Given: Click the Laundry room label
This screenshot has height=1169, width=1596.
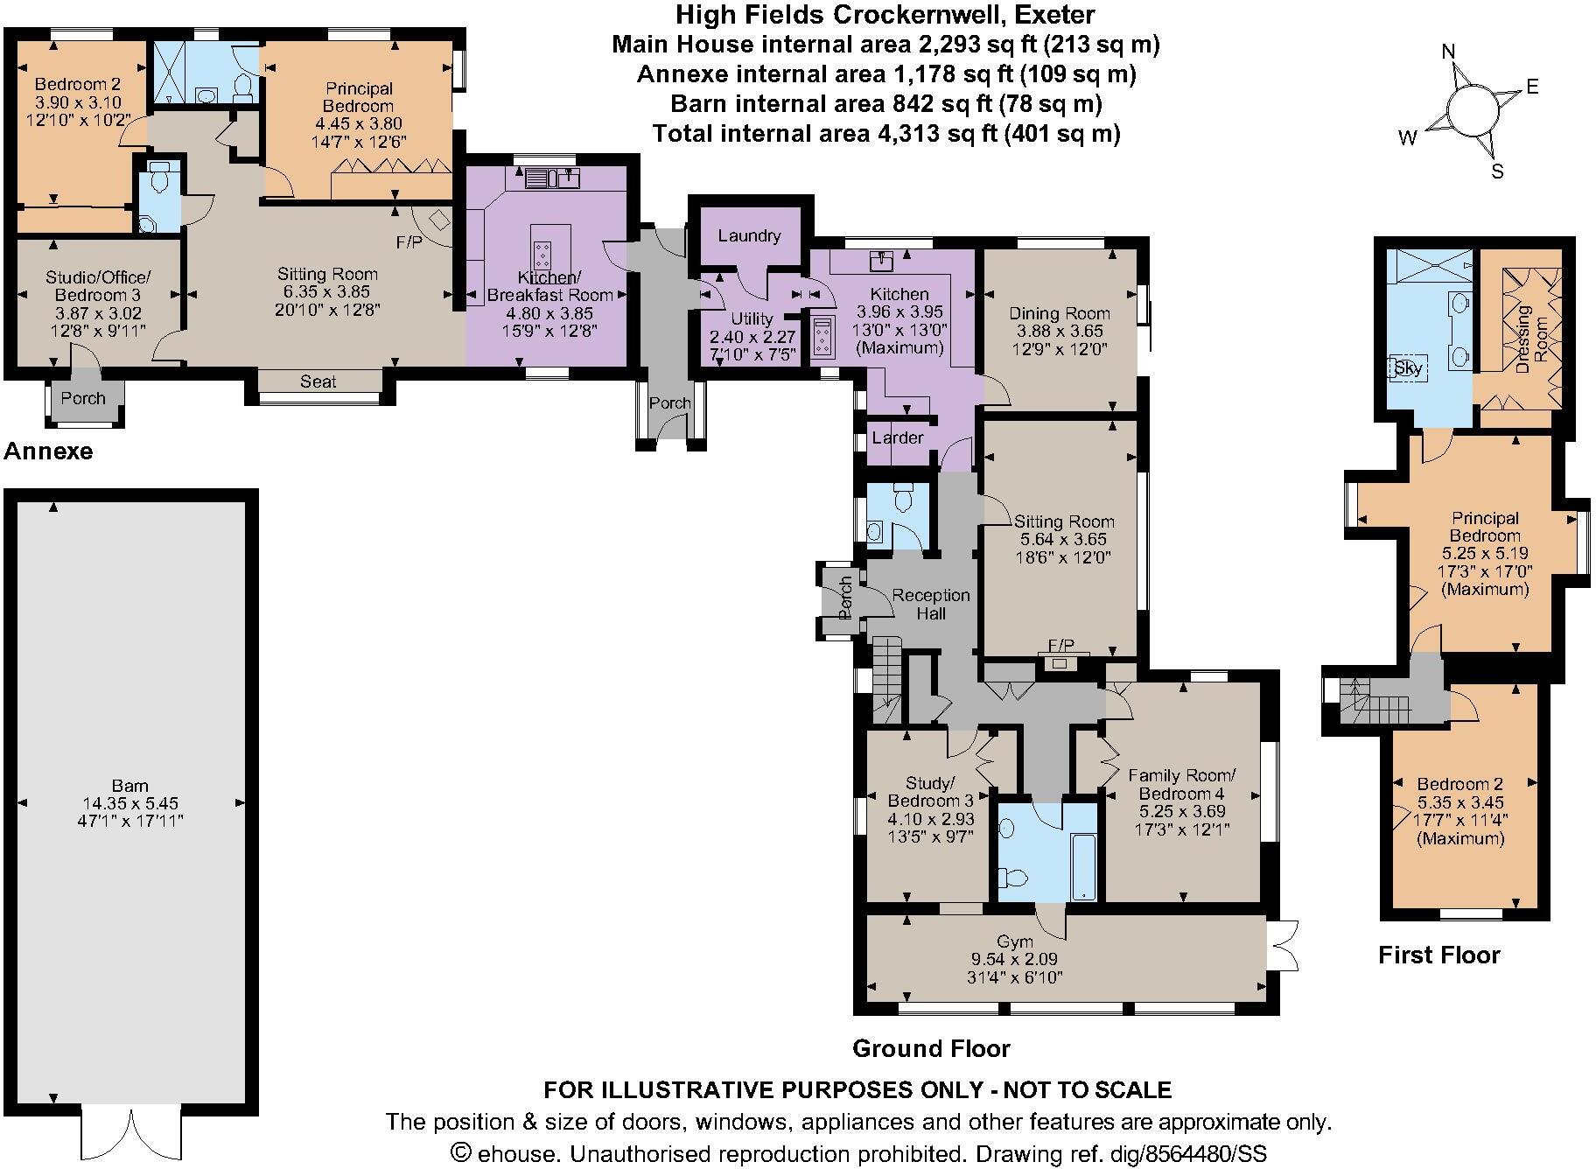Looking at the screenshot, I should coord(749,235).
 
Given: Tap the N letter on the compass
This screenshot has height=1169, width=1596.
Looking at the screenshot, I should coord(1449,52).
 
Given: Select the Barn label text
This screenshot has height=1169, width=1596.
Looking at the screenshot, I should coord(129,786).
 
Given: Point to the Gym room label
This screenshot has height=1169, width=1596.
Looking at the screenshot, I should coord(1015,942).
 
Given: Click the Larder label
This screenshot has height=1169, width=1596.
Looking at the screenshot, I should coord(897,437).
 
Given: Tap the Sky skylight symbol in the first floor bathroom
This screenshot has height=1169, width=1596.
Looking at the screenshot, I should coord(1408,368).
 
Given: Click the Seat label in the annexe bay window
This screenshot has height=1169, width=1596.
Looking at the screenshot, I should coord(318,381).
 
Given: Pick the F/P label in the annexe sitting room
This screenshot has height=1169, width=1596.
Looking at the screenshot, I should coord(409,242).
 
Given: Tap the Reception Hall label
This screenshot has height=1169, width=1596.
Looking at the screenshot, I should coord(931,604).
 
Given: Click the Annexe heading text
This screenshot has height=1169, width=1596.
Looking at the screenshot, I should coord(48,451).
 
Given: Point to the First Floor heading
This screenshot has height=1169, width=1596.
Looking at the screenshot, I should coord(1438,955).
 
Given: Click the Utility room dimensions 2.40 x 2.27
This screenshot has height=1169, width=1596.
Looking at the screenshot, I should coord(752,336).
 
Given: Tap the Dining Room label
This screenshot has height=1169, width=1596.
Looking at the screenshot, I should coord(1059,313).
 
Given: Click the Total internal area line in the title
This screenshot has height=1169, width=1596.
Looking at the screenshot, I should coord(885,134).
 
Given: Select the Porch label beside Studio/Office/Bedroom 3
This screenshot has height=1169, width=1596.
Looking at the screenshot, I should coord(83,398).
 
